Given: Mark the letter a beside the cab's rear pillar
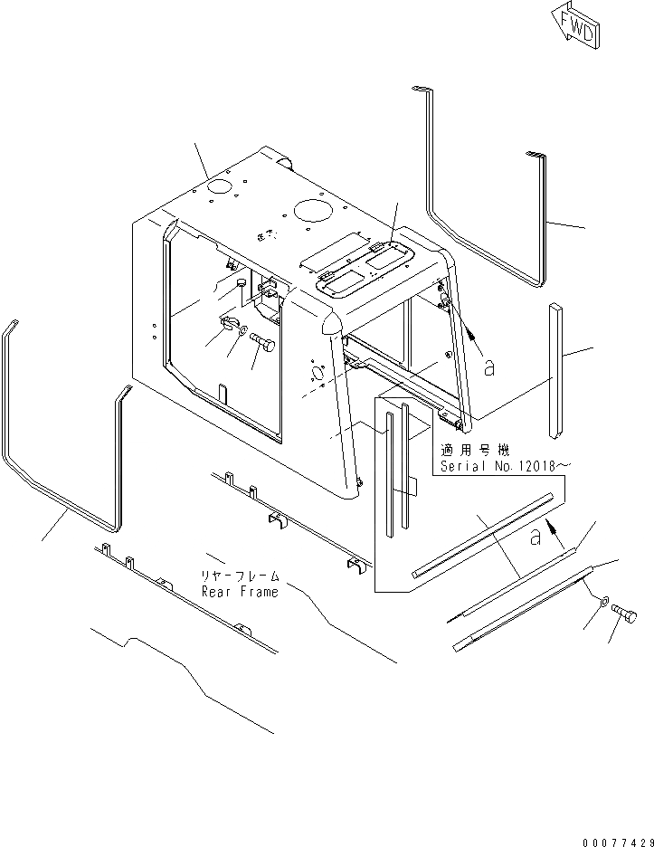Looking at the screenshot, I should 488,366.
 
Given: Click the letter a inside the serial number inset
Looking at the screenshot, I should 536,537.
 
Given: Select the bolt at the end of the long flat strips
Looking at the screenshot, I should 625,618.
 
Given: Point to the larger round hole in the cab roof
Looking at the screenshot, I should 311,210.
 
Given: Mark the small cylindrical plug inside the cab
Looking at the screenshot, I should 241,285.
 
